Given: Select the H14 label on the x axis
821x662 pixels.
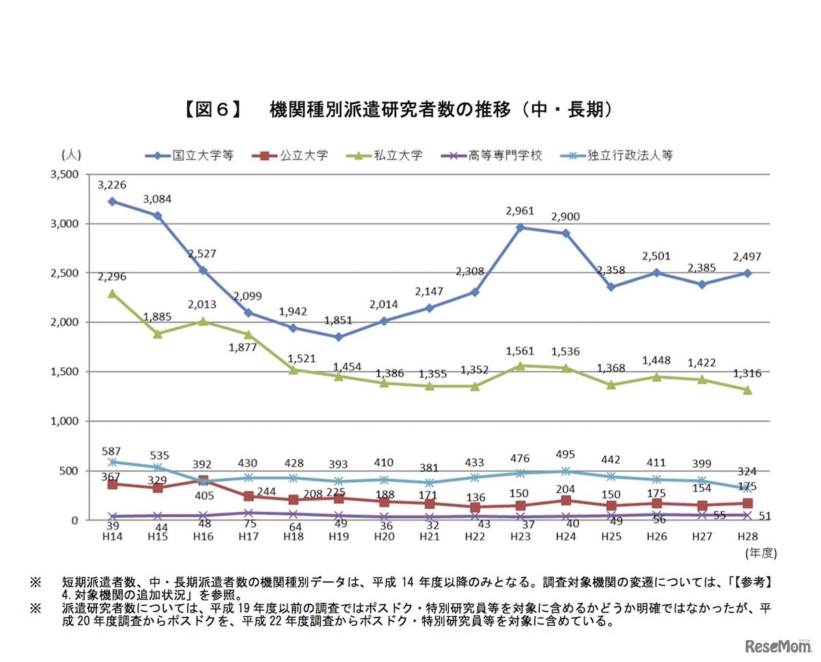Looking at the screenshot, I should point(112,535).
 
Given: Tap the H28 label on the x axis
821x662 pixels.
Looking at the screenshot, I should point(747,535).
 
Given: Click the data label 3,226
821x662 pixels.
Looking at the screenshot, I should point(112,185).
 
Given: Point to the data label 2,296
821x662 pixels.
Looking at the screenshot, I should point(112,277).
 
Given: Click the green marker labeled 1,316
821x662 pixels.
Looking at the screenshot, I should point(748,390).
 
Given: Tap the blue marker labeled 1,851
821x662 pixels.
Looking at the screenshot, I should point(339,337).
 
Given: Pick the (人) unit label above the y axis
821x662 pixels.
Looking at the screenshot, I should point(70,155).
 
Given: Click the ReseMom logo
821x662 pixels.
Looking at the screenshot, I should point(777,646).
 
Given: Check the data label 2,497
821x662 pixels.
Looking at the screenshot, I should point(747,257).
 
